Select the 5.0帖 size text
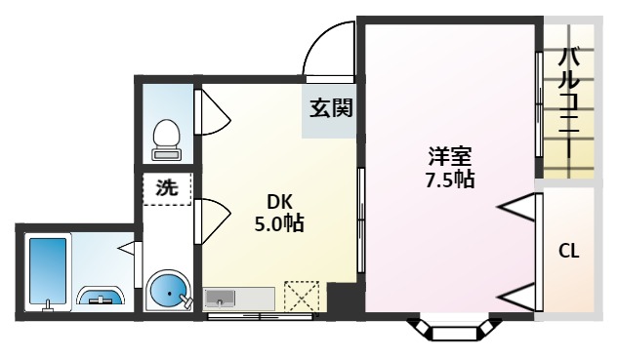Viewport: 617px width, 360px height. [280, 223]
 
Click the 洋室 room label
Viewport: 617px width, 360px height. [449, 156]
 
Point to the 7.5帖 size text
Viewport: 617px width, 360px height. [449, 180]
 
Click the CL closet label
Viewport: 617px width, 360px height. [568, 251]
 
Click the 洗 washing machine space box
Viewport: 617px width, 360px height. [167, 189]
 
